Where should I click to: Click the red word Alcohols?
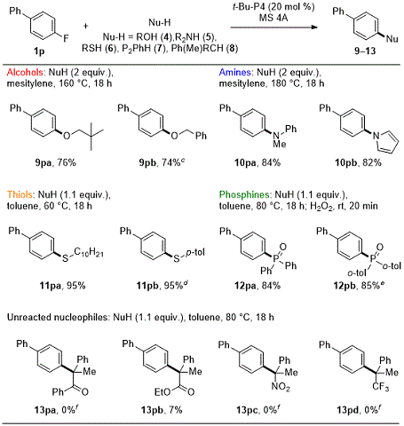point(25,72)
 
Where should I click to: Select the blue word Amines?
point(235,72)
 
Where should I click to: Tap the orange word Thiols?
point(20,194)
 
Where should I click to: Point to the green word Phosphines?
point(244,194)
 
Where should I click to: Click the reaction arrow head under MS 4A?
point(314,28)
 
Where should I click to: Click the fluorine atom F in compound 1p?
point(66,38)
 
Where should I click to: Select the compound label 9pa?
point(44,162)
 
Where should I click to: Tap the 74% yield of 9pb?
point(171,162)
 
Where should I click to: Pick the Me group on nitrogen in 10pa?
point(280,144)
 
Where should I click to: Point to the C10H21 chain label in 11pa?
point(89,253)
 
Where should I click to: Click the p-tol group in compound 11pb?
point(195,253)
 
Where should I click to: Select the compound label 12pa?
point(245,286)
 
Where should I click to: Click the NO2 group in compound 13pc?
point(281,387)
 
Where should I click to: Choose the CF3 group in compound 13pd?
point(381,387)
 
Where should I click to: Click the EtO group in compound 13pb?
point(162,392)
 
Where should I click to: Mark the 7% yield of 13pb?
point(176,410)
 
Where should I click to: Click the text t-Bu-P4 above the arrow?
point(249,6)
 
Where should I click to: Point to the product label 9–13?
point(365,51)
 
